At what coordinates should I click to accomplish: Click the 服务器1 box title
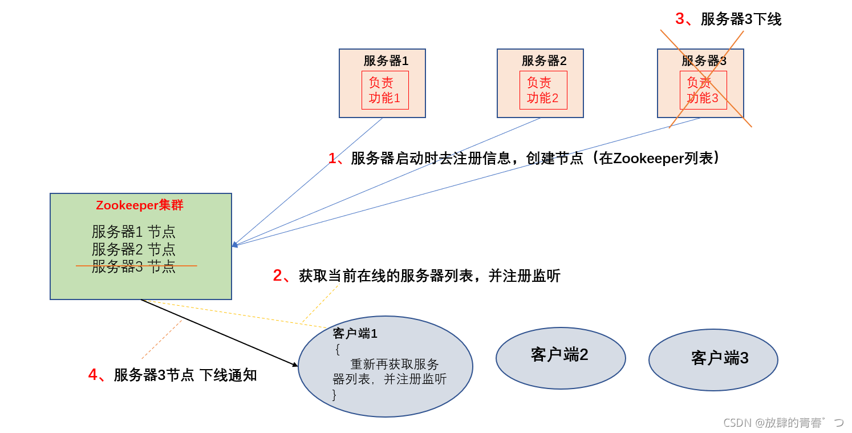pyautogui.click(x=386, y=60)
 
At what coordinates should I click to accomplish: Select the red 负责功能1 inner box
pyautogui.click(x=385, y=90)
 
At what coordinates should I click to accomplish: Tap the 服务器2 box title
pyautogui.click(x=543, y=60)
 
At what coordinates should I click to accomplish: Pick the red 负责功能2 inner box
pyautogui.click(x=543, y=90)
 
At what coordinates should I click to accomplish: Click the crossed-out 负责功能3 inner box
pyautogui.click(x=703, y=90)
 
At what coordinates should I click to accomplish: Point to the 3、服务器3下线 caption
pyautogui.click(x=728, y=19)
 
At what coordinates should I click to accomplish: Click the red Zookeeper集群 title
pyautogui.click(x=140, y=205)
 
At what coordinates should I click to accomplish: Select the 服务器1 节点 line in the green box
pyautogui.click(x=133, y=232)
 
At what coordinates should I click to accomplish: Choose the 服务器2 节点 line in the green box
pyautogui.click(x=133, y=249)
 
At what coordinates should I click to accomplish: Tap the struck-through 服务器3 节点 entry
pyautogui.click(x=133, y=266)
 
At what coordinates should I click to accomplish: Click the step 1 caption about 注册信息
pyautogui.click(x=524, y=158)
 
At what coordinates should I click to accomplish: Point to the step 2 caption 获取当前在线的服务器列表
pyautogui.click(x=416, y=276)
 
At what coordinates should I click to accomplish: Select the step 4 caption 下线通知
pyautogui.click(x=172, y=375)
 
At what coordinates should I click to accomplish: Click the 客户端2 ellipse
pyautogui.click(x=560, y=358)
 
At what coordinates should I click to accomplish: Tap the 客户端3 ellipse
pyautogui.click(x=713, y=359)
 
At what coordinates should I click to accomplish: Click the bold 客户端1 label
pyautogui.click(x=355, y=334)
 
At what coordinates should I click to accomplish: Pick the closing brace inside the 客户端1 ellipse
pyautogui.click(x=335, y=394)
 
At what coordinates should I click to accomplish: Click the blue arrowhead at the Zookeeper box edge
pyautogui.click(x=234, y=245)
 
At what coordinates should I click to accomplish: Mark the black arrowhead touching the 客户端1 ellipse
pyautogui.click(x=295, y=364)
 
